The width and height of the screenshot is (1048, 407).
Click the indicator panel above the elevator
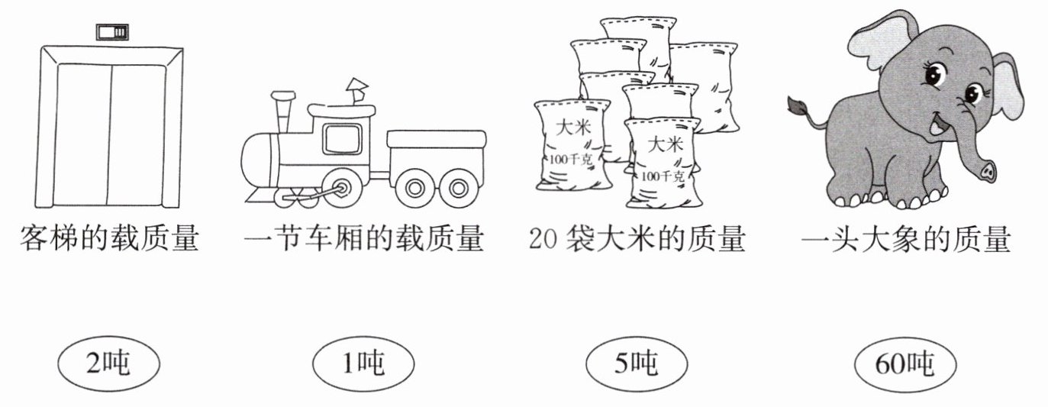point(112,32)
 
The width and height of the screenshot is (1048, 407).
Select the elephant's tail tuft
point(798,105)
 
